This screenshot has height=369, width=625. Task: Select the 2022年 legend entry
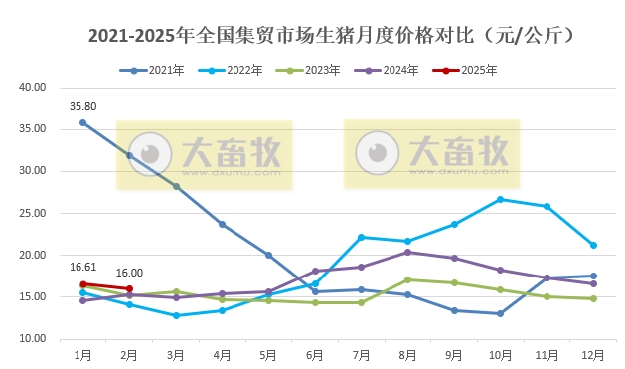(237, 71)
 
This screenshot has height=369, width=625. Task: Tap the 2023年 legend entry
(315, 71)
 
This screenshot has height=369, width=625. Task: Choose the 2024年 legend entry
(393, 71)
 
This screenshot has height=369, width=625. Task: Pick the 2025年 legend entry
(472, 71)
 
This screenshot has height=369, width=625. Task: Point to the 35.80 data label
(82, 105)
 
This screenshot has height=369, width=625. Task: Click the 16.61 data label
(82, 267)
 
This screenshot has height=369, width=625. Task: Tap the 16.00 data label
(130, 273)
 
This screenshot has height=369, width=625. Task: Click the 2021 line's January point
(82, 122)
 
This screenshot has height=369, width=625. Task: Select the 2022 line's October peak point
(500, 199)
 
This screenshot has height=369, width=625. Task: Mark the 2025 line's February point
(129, 288)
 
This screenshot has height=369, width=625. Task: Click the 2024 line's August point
(407, 252)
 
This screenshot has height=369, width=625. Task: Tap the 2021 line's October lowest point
(500, 313)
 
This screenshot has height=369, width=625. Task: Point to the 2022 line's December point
(593, 245)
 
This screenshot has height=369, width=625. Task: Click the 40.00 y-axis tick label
(34, 87)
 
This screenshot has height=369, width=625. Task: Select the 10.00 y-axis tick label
(34, 339)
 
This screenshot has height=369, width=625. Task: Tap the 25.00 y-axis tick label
(34, 213)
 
